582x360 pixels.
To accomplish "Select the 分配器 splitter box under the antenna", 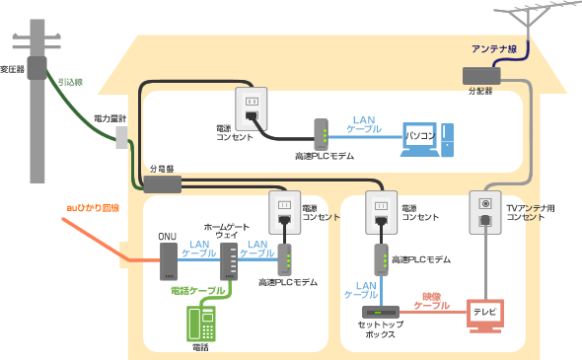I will point(481,74).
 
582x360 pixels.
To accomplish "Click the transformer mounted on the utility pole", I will point(37,67).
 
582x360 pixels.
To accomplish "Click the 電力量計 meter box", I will point(122,136).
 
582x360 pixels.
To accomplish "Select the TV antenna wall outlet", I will point(483,211).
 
